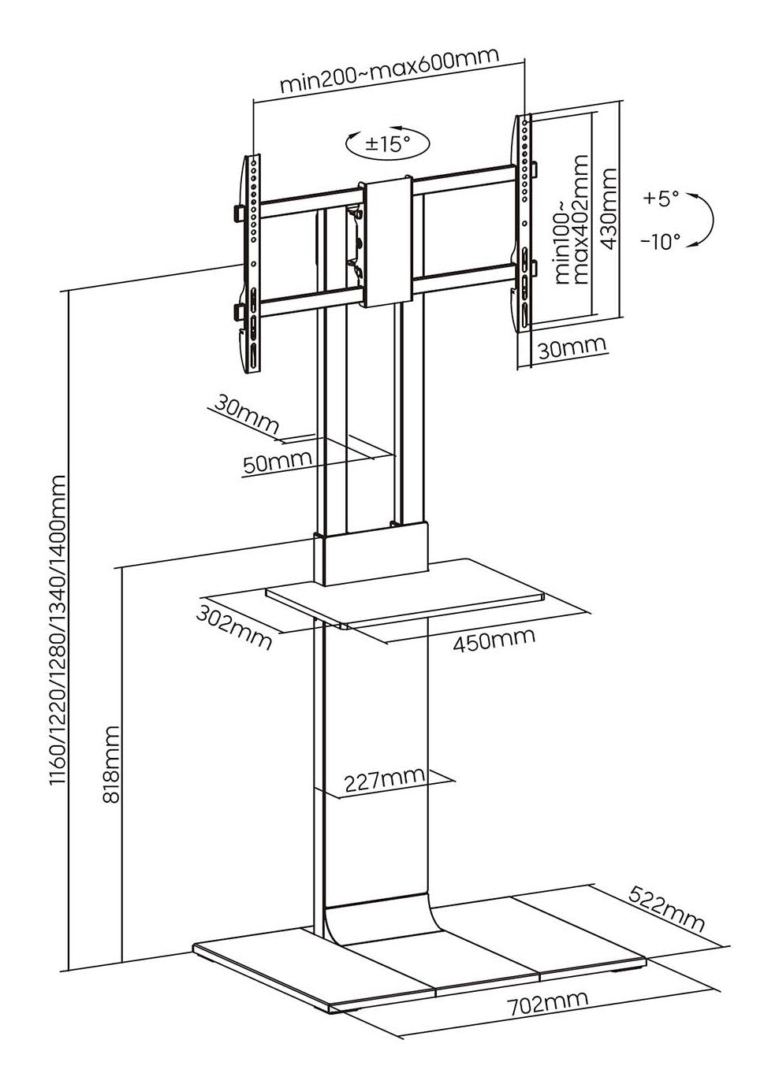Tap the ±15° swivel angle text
[x=388, y=144]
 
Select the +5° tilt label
[x=661, y=198]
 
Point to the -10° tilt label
[x=660, y=241]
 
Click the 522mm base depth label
[x=667, y=908]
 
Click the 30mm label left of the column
[x=245, y=415]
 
